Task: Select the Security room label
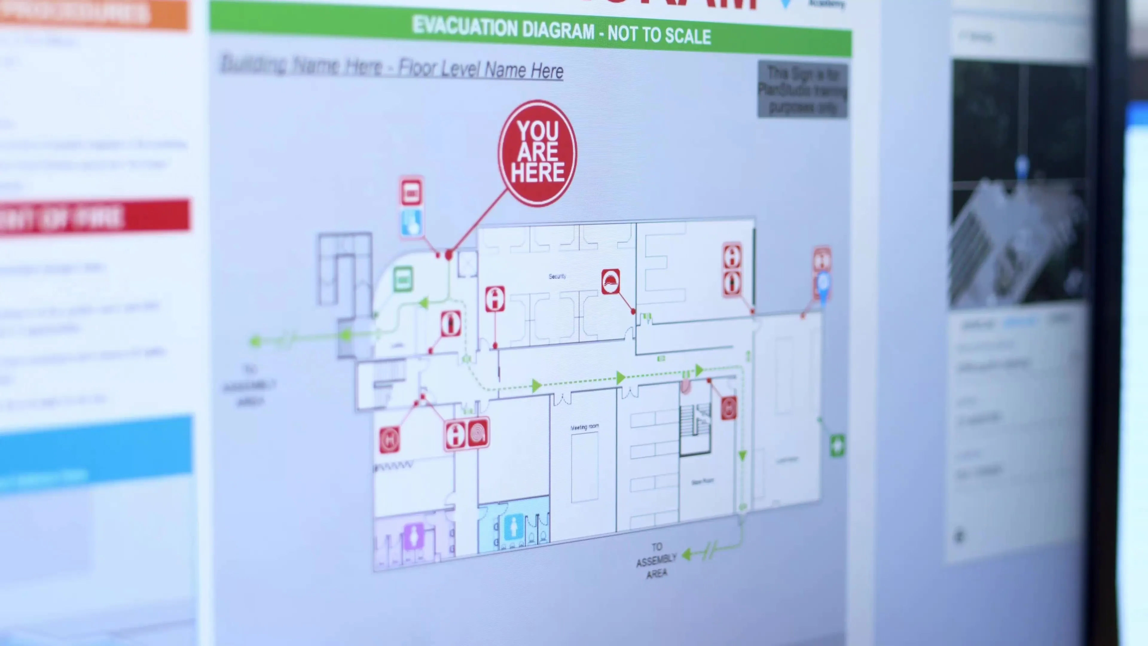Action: [557, 276]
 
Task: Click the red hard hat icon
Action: [610, 282]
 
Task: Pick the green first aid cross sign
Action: [837, 445]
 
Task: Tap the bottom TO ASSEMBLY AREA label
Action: [656, 560]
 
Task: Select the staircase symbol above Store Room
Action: [695, 423]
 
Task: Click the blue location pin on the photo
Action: [1022, 166]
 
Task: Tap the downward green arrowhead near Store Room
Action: [742, 455]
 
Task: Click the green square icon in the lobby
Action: [403, 280]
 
